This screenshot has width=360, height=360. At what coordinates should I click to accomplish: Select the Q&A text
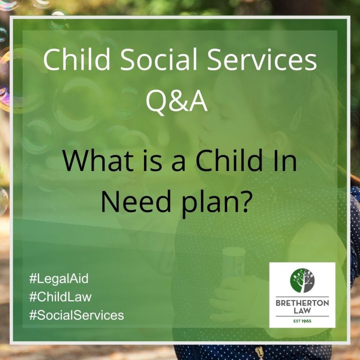pos(176,101)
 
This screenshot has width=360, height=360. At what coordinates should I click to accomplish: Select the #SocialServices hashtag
pos(76,315)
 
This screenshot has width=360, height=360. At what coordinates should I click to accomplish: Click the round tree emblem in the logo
pos(302,281)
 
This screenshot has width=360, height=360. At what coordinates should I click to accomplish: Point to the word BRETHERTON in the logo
pos(302,303)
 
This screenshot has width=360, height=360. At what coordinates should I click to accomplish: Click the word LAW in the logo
pos(302,311)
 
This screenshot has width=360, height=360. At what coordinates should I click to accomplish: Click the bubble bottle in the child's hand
pos(233,262)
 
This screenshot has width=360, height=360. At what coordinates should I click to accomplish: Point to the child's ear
pos(280,140)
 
